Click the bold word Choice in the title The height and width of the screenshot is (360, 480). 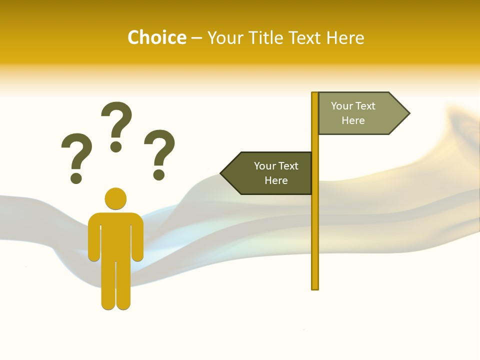click(156, 37)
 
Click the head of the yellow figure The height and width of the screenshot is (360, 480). click(115, 198)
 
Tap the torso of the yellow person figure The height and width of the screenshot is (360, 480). click(115, 235)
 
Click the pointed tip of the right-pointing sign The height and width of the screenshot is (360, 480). click(408, 113)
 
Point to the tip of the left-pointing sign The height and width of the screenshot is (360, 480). click(221, 173)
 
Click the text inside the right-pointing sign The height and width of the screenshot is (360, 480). click(353, 113)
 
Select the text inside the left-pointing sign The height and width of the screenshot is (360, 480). click(275, 173)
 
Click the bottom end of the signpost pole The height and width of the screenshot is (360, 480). click(315, 287)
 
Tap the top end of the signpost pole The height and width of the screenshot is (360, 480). click(315, 94)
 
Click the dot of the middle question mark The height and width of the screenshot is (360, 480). click(116, 146)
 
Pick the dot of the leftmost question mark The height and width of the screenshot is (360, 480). click(76, 178)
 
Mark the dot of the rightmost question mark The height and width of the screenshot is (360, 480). click(159, 174)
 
